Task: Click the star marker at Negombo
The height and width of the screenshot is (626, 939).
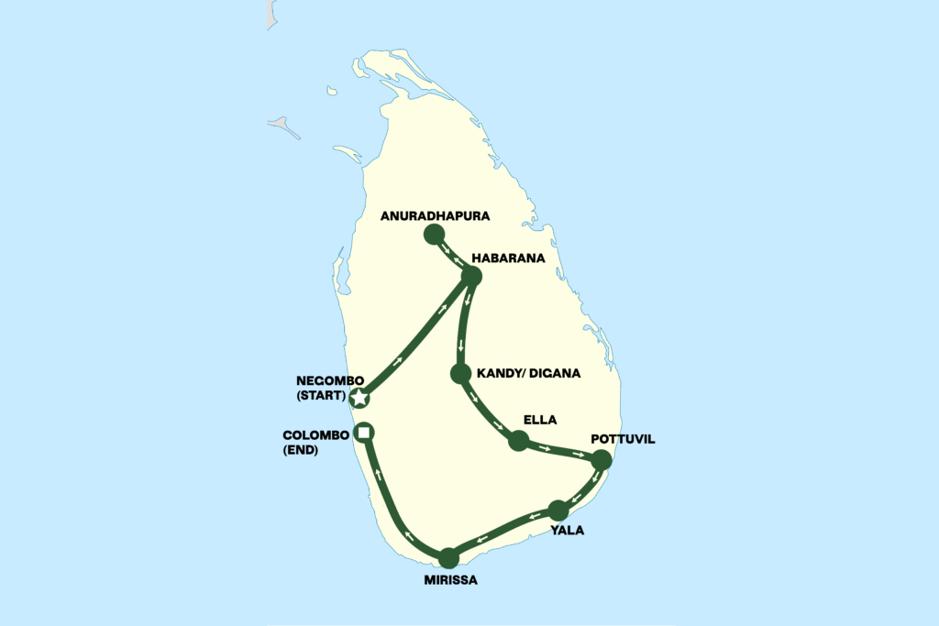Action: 360,398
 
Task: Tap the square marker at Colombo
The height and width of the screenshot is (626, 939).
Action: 364,433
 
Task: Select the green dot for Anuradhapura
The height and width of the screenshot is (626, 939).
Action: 435,235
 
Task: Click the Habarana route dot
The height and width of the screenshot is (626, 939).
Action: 471,276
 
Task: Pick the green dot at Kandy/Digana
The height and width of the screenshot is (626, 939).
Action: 461,374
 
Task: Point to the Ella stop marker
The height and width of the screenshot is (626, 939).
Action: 519,441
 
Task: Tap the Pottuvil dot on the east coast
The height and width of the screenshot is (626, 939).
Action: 601,460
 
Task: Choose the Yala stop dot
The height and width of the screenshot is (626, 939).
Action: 558,511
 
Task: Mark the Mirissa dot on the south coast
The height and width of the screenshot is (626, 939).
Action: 448,557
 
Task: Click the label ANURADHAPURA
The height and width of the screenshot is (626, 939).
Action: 436,216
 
